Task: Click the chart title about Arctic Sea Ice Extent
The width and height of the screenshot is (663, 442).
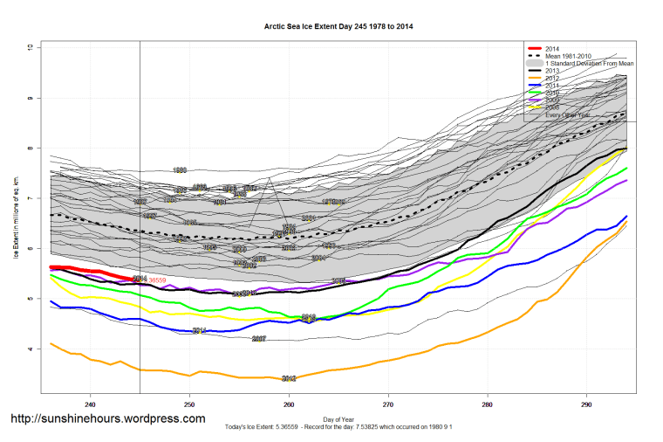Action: point(338,26)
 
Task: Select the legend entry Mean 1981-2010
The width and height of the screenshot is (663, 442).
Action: point(568,56)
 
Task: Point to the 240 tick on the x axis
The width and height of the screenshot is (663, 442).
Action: point(90,405)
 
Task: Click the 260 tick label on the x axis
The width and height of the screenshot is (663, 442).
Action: point(289,405)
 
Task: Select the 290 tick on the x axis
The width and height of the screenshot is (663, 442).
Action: point(586,405)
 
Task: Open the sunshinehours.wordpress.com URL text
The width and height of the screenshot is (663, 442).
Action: point(107,419)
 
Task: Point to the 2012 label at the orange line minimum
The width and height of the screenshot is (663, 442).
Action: point(289,379)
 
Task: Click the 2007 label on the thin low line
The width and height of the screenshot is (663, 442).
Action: point(258,338)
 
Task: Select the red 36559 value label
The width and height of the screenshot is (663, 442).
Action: point(157,280)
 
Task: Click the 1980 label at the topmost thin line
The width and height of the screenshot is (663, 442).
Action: point(180,170)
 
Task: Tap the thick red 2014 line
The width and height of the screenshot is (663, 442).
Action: point(87,269)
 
